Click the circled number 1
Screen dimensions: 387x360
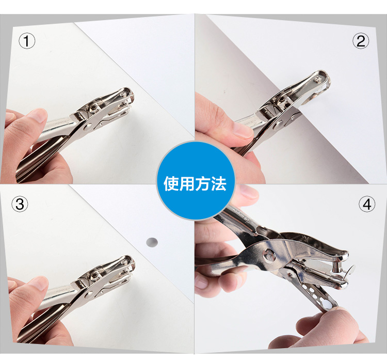tap(27, 41)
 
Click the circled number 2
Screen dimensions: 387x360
tap(361, 41)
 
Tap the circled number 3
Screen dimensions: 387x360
tap(20, 204)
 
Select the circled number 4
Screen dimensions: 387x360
tap(367, 205)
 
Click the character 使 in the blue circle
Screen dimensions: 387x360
tap(171, 183)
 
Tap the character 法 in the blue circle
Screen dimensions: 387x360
tap(218, 183)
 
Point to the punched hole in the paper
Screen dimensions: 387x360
tap(152, 242)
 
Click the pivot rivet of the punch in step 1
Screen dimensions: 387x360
tap(88, 128)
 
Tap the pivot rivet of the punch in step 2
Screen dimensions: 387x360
tap(278, 126)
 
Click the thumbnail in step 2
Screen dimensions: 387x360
tap(243, 131)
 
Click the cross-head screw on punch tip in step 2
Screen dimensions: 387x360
tap(318, 79)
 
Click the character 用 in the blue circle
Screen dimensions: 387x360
tap(187, 183)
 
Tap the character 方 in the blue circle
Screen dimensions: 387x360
tap(203, 183)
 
